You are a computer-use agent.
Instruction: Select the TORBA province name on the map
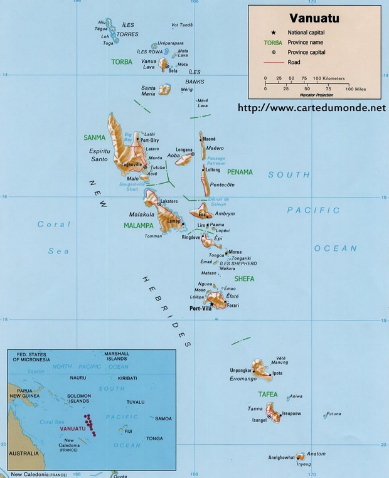coord(122,62)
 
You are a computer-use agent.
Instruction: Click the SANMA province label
coord(95,137)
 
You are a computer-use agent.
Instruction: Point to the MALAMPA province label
coord(139,225)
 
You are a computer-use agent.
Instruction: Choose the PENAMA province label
coord(240,172)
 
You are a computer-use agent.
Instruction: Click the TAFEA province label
coord(267,394)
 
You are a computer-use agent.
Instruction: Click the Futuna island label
coord(334,413)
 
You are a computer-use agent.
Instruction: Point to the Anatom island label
coord(316,454)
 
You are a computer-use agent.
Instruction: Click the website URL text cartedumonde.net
coord(311,108)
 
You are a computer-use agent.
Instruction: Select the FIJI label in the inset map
coord(128,432)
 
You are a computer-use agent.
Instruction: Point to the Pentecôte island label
coord(221,184)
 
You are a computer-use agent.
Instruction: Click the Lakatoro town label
coord(169,201)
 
